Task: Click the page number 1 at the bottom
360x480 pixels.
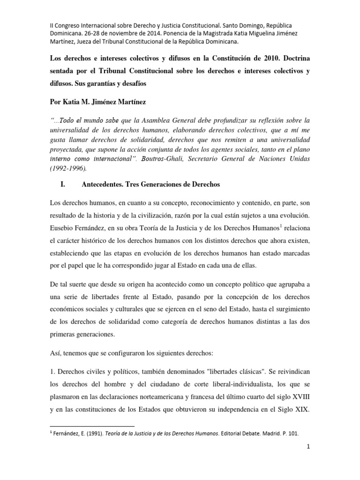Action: click(309, 460)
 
